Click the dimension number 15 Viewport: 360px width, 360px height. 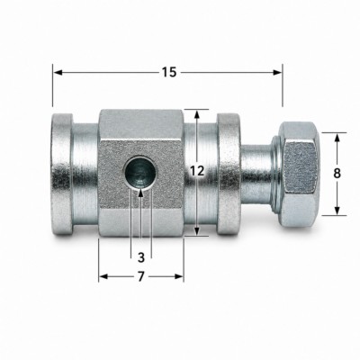(169, 72)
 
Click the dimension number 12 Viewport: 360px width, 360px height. (197, 171)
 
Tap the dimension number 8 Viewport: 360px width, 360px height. (337, 174)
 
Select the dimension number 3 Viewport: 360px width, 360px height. (141, 257)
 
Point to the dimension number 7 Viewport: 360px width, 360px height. (141, 276)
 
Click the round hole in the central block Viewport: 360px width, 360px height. (140, 173)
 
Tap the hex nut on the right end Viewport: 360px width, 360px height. (298, 174)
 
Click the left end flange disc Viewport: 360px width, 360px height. (62, 174)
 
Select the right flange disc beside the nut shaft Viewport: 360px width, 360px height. (229, 174)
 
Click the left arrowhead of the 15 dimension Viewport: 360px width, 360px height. (58, 72)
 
